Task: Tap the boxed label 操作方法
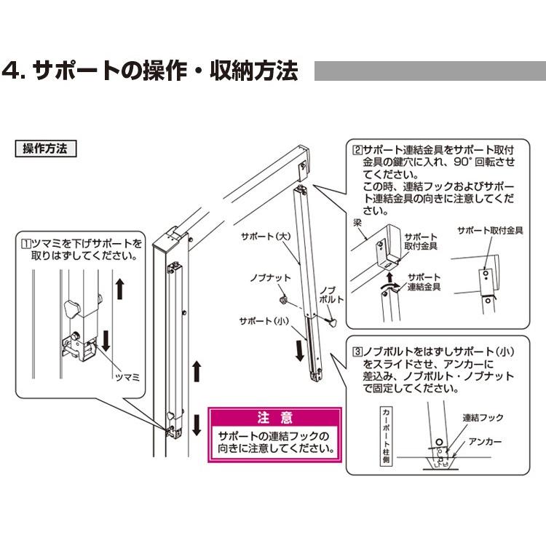pos(45,149)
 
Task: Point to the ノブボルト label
pos(330,294)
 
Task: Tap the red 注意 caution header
pos(275,418)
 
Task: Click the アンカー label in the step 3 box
pos(486,440)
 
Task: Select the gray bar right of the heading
pos(430,72)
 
